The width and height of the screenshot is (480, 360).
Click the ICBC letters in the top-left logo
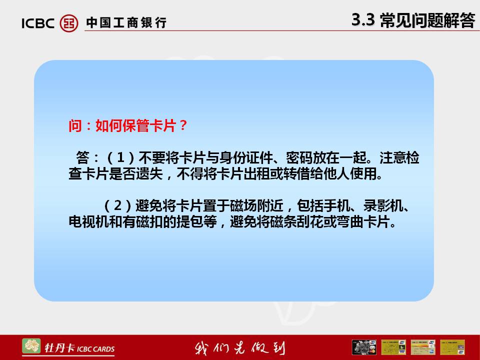[x=38, y=23]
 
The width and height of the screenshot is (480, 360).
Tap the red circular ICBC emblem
[x=69, y=23]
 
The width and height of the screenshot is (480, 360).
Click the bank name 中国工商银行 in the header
[x=126, y=23]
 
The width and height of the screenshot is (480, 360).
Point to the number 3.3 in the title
[x=363, y=19]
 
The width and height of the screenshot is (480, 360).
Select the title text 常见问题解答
[x=427, y=20]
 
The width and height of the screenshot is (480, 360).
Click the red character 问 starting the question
[x=75, y=125]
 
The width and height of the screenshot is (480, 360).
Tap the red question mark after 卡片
[x=183, y=125]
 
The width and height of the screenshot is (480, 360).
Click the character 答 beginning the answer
[x=82, y=157]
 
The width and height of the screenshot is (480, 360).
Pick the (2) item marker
[x=117, y=205]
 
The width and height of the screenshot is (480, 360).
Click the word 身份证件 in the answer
[x=246, y=157]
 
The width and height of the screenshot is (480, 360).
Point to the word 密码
[x=299, y=157]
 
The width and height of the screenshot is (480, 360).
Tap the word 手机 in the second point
[x=337, y=205]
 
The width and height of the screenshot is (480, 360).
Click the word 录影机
[x=383, y=205]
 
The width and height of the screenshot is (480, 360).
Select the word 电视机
[x=89, y=221]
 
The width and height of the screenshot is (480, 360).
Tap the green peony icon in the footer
[x=31, y=346]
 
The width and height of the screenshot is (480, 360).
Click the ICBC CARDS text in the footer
[x=96, y=349]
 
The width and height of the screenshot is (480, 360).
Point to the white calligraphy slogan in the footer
[x=239, y=348]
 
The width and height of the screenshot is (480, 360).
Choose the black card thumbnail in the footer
[x=364, y=347]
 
